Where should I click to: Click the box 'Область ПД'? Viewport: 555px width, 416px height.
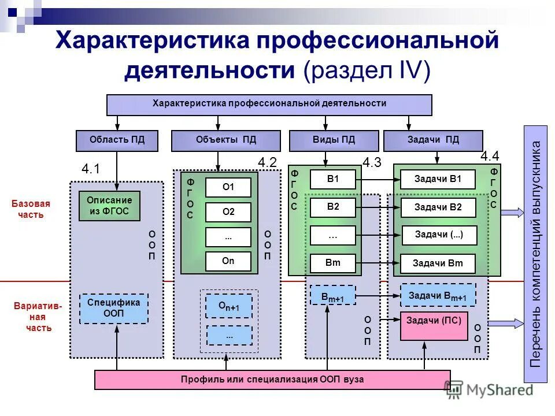click(x=117, y=140)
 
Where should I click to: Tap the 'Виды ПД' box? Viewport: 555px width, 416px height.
click(x=334, y=140)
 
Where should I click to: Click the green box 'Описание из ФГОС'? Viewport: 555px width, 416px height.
click(x=110, y=206)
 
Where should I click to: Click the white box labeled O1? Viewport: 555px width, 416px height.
click(x=228, y=187)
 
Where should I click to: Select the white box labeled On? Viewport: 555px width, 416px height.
click(x=228, y=261)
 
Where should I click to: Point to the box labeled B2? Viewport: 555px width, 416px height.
click(x=333, y=207)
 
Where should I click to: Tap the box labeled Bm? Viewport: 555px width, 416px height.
click(x=333, y=263)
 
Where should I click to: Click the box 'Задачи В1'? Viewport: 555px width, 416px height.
click(x=438, y=180)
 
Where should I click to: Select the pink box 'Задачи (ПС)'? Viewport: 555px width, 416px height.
click(x=433, y=326)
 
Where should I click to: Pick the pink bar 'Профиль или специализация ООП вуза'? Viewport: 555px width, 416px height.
click(x=272, y=380)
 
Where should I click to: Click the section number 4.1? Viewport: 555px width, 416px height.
click(x=91, y=169)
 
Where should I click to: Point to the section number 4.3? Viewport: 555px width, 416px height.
click(x=372, y=163)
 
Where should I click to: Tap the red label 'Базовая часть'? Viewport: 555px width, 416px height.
click(x=30, y=209)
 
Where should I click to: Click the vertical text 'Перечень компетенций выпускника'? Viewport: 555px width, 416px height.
click(x=536, y=254)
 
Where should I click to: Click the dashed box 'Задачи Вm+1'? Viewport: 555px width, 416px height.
click(x=438, y=295)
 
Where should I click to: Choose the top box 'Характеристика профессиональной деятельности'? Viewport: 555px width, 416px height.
click(x=269, y=104)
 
